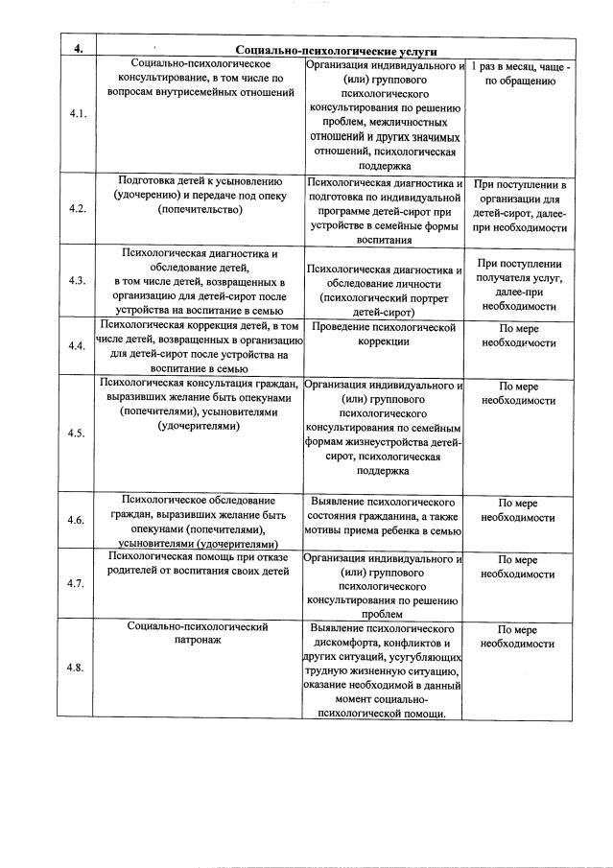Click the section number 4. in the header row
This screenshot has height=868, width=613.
pyautogui.click(x=78, y=49)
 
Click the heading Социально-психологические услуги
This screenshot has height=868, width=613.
pyautogui.click(x=337, y=50)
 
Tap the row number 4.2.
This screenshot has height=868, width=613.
pyautogui.click(x=79, y=208)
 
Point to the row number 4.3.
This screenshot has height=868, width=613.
pyautogui.click(x=79, y=281)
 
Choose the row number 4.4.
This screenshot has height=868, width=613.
pyautogui.click(x=79, y=346)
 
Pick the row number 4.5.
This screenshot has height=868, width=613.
pyautogui.click(x=79, y=433)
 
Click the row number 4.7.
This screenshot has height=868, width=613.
pyautogui.click(x=79, y=582)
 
